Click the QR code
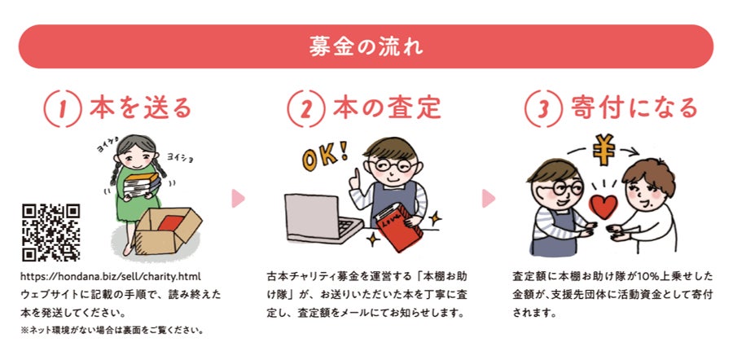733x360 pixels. [51, 232]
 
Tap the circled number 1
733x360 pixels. [62, 109]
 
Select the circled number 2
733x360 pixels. [305, 109]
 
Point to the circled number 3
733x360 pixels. [543, 109]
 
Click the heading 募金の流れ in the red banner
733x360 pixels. [366, 47]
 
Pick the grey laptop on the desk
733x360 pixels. [323, 217]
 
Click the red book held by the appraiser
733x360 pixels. [399, 227]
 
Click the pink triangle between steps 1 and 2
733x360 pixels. [238, 198]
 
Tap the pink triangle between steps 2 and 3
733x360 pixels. [489, 198]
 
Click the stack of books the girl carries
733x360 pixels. [140, 184]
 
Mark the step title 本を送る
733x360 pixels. [141, 108]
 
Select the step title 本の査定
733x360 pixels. [387, 108]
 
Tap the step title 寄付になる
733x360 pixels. [634, 108]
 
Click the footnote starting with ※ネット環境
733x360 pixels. [112, 330]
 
